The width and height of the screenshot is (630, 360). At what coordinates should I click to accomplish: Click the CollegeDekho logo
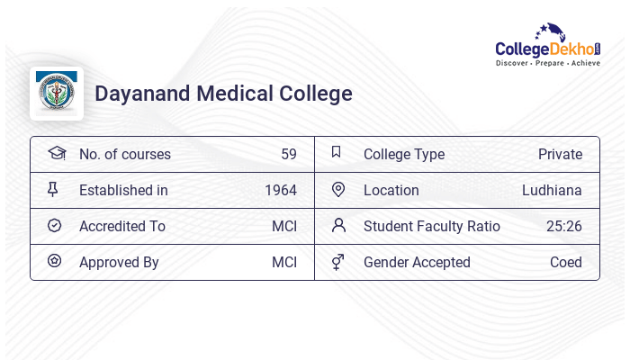548,46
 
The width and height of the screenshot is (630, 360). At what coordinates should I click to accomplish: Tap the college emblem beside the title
57,93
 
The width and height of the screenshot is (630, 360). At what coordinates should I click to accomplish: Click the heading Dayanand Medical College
223,94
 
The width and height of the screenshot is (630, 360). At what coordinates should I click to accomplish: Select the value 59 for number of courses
288,154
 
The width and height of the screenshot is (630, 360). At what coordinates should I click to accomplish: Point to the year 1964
280,190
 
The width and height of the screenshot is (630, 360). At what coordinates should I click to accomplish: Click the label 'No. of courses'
124,154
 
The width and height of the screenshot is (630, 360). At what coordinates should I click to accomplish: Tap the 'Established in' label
123,190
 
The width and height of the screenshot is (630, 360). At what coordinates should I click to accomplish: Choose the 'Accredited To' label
122,226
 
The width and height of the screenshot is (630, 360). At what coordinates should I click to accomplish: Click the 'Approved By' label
119,262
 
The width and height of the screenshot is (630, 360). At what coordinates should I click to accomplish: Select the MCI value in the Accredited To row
284,226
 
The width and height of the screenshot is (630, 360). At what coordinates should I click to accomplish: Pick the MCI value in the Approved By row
284,262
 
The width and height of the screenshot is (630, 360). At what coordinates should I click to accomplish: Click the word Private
560,154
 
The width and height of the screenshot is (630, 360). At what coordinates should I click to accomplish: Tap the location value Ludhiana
552,190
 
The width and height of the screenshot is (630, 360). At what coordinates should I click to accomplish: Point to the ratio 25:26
563,226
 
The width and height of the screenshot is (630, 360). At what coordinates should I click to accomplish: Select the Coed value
566,262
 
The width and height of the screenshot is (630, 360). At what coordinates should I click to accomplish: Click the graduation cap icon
56,153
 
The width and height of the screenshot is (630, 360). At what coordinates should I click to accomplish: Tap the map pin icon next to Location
338,189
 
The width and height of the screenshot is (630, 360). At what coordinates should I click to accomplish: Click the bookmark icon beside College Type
337,152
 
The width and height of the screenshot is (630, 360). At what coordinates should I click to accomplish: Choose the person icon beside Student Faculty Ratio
338,225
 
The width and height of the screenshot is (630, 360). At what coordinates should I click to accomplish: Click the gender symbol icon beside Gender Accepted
338,262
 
